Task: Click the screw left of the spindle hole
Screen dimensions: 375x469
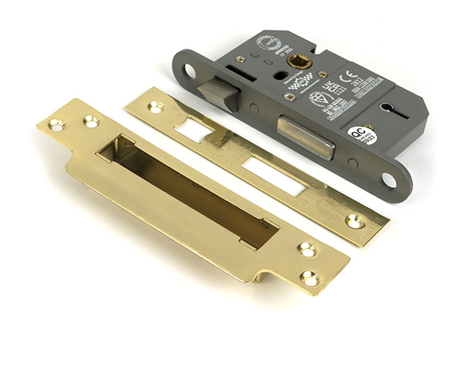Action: tap(241, 59)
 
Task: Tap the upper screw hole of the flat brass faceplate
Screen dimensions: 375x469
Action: tap(156, 106)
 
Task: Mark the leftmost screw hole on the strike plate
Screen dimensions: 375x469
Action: tap(55, 124)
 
